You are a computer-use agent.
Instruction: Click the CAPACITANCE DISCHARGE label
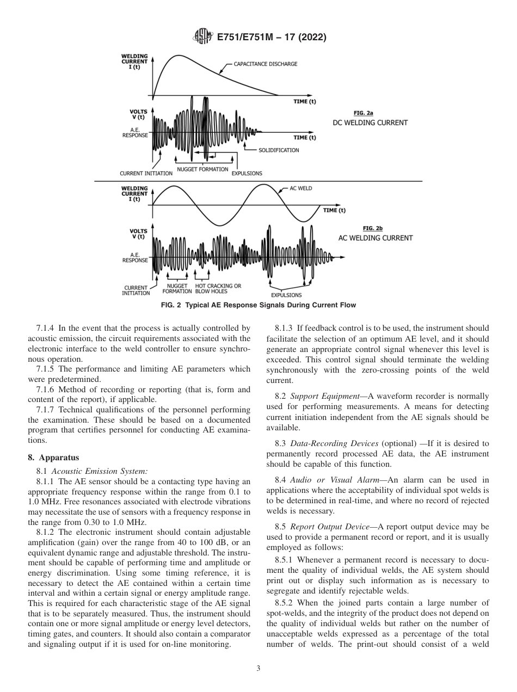point(266,64)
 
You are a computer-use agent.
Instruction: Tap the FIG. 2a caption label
point(363,113)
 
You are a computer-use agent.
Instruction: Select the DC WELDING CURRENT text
point(370,123)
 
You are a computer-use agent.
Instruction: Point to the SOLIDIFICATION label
point(278,150)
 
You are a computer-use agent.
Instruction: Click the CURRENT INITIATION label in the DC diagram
point(146,174)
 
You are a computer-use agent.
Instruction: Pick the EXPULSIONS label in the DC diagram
point(247,174)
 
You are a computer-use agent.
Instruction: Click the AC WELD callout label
point(300,189)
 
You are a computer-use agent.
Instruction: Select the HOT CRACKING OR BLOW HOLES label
point(218,288)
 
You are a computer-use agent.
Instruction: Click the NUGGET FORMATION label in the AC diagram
point(177,288)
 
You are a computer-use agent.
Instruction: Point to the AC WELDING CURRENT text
point(376,238)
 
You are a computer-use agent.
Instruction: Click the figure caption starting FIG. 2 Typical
point(258,305)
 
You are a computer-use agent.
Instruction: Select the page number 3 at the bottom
point(258,669)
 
